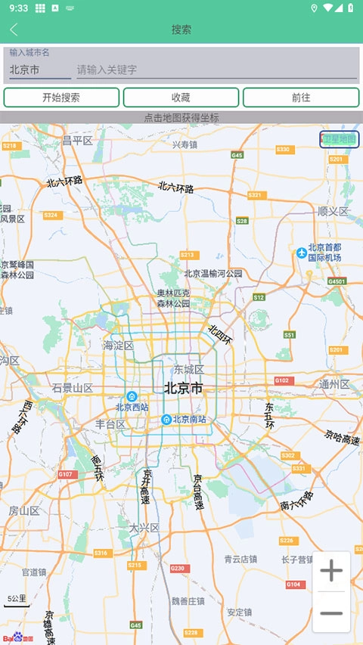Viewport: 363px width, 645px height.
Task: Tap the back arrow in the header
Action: [x=14, y=29]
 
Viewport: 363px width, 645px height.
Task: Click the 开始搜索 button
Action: [x=61, y=98]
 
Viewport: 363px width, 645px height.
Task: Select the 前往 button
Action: [x=301, y=98]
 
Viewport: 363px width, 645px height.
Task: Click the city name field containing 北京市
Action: [x=39, y=70]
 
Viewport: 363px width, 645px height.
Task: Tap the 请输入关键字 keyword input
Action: [x=216, y=70]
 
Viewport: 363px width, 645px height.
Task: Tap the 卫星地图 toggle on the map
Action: [x=339, y=139]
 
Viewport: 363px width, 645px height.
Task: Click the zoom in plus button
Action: [x=331, y=572]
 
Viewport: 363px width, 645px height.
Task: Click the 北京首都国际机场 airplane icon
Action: [x=302, y=252]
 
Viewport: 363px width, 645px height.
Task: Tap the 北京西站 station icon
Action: [x=132, y=396]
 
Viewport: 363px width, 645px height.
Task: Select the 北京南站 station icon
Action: [x=166, y=419]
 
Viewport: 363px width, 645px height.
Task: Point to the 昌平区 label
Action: [x=77, y=141]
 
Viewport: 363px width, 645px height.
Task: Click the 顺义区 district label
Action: [x=333, y=211]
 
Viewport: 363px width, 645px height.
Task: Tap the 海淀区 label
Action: [x=118, y=346]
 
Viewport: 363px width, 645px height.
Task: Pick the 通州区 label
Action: [x=334, y=384]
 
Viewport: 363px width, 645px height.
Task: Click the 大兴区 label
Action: [x=144, y=528]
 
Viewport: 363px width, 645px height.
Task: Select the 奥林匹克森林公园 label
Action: [x=173, y=298]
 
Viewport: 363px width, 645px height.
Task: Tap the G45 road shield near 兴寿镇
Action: [x=237, y=154]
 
